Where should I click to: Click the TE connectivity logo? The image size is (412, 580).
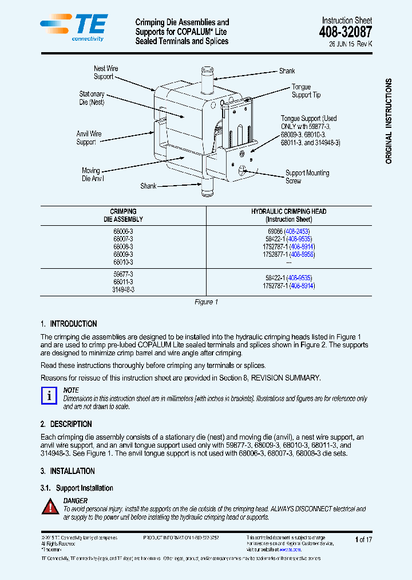pyautogui.click(x=73, y=28)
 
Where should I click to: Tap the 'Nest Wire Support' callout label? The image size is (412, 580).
pyautogui.click(x=106, y=72)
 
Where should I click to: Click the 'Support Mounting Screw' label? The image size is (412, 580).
pyautogui.click(x=307, y=177)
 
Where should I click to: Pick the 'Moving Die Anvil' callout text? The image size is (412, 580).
pyautogui.click(x=90, y=175)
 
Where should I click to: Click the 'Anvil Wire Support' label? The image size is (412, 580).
pyautogui.click(x=89, y=138)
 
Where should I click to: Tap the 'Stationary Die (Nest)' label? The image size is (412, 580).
pyautogui.click(x=92, y=98)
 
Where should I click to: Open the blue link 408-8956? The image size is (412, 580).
pyautogui.click(x=302, y=254)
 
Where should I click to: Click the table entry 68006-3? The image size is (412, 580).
pyautogui.click(x=123, y=231)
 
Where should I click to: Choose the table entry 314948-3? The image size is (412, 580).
pyautogui.click(x=123, y=290)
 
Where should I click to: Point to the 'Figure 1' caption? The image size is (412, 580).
pyautogui.click(x=206, y=302)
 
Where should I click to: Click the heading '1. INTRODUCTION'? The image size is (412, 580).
pyautogui.click(x=69, y=324)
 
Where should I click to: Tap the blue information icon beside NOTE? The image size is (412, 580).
pyautogui.click(x=50, y=395)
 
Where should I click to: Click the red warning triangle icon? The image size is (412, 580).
pyautogui.click(x=50, y=507)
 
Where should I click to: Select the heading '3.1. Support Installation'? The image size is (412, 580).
pyautogui.click(x=77, y=488)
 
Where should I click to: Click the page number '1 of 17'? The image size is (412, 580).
pyautogui.click(x=363, y=539)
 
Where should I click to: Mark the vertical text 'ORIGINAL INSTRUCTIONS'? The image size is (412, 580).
pyautogui.click(x=389, y=122)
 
